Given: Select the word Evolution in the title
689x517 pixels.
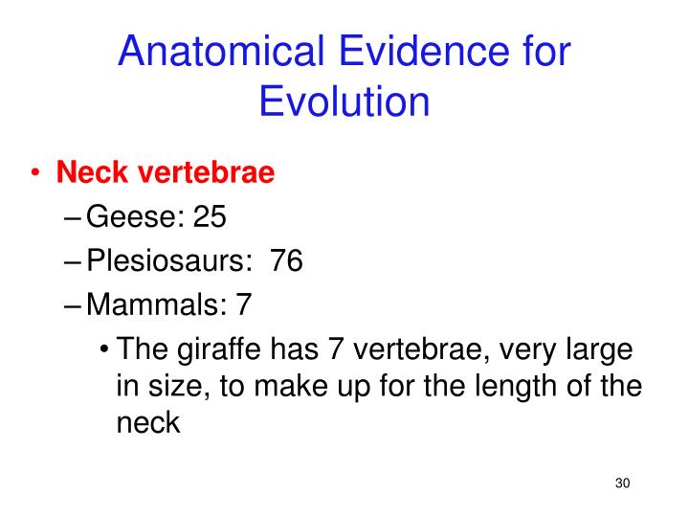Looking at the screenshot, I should (x=344, y=101).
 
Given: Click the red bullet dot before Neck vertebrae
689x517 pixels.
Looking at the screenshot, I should (x=36, y=173).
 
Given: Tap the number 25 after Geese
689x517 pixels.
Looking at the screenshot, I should (x=210, y=217).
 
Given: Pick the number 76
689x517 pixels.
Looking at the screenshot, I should (x=286, y=260).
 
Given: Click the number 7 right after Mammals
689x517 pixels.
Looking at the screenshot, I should (x=243, y=304).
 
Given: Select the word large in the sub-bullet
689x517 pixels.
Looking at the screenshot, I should (x=600, y=348).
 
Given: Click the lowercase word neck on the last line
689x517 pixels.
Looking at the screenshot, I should (x=147, y=421).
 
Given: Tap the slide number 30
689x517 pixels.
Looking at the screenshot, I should (x=622, y=482).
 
